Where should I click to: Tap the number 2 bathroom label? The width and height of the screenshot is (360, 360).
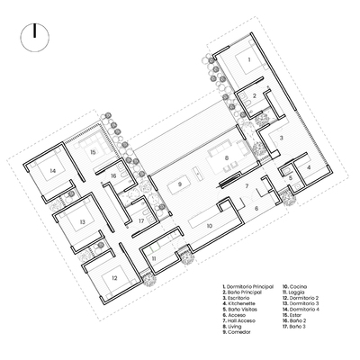[x=255, y=95]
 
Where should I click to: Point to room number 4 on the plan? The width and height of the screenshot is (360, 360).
[x=308, y=166]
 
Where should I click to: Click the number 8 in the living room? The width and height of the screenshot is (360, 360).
[x=227, y=158]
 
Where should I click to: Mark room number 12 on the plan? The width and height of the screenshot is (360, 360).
[x=115, y=278]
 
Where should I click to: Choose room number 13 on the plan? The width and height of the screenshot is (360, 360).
[x=81, y=220]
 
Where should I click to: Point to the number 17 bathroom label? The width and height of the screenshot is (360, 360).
[x=141, y=220]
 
